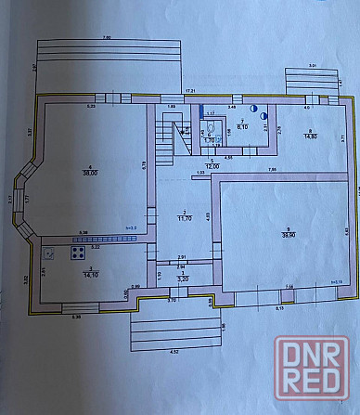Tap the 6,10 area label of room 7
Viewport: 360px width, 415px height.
244,126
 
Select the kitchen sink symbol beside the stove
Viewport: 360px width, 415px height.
52,252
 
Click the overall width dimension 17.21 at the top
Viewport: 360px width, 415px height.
190,90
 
